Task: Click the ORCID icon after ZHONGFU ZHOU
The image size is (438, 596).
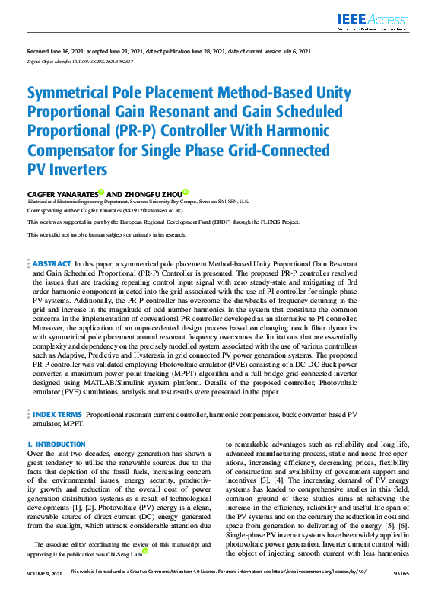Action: [x=185, y=193]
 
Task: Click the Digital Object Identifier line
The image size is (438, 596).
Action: [x=80, y=60]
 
